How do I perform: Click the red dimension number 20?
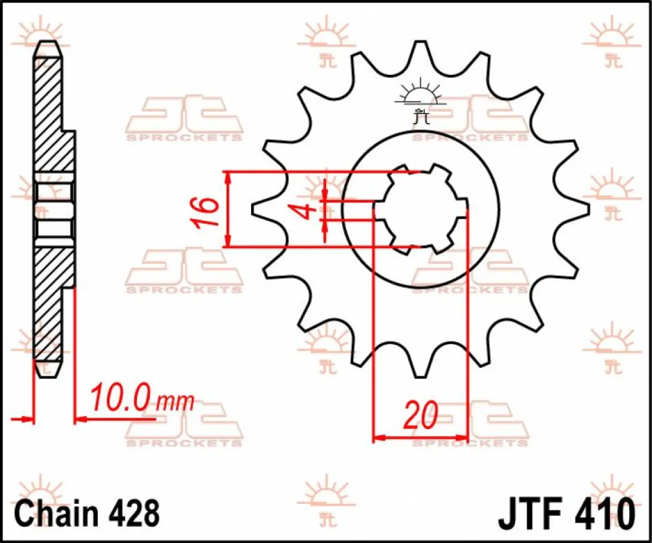pyautogui.click(x=421, y=415)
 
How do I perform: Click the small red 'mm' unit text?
pyautogui.click(x=175, y=403)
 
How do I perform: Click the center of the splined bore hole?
pyautogui.click(x=421, y=209)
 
